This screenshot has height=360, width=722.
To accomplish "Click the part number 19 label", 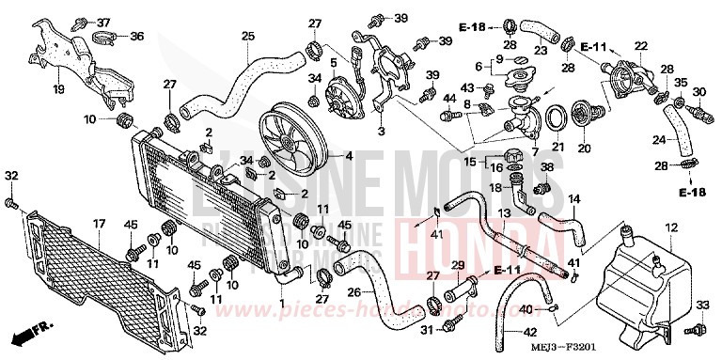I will point(58,91).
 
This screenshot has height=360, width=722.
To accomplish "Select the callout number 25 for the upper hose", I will point(247,37).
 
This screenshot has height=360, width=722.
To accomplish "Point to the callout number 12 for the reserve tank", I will point(671,228).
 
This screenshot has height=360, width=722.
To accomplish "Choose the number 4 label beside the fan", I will point(348,155).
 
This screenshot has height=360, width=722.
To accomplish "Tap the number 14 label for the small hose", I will point(573,198).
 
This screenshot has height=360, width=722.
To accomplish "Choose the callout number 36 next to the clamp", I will point(136,38).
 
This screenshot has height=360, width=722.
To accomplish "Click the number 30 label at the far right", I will point(698,91).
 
